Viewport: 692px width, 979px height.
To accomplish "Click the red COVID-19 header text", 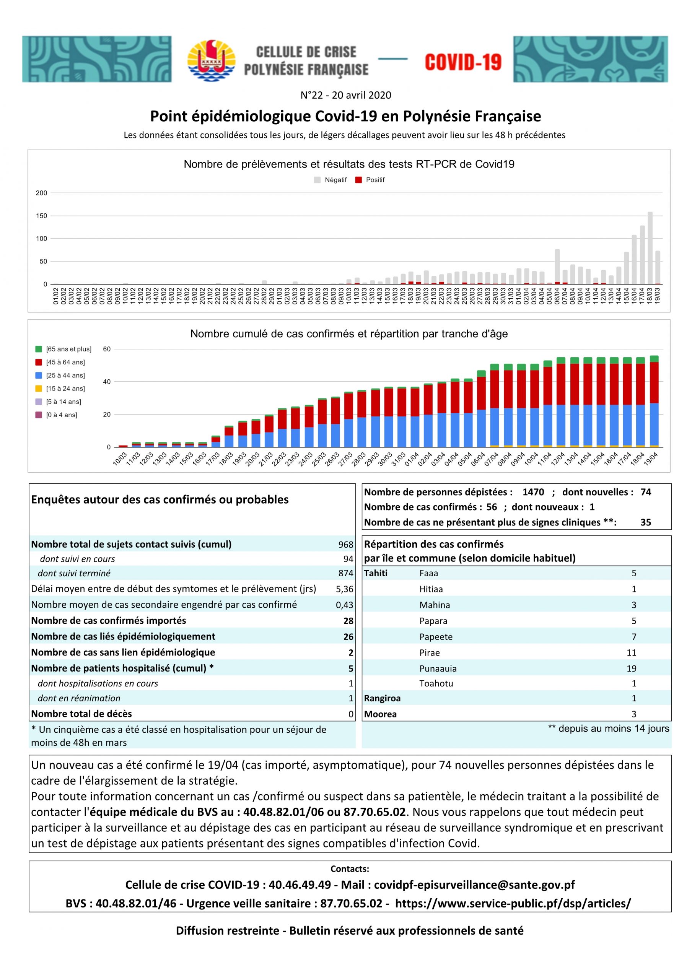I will click(463, 62).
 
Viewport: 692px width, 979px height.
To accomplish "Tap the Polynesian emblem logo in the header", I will click(211, 60).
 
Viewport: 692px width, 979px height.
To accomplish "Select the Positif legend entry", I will click(370, 180).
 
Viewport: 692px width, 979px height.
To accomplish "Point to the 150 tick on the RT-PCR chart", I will click(42, 216).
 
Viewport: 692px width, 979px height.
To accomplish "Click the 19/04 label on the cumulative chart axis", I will click(651, 460).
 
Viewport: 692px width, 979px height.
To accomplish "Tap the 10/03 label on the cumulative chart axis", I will click(119, 460).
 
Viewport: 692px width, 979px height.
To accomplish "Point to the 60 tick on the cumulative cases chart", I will click(107, 349).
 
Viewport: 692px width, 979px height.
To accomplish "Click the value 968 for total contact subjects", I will click(345, 545).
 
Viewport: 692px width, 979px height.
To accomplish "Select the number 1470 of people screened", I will click(533, 492).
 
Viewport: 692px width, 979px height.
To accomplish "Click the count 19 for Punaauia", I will click(632, 668).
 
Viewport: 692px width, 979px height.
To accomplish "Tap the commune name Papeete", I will click(436, 637).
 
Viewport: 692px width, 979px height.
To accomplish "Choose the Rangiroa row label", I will click(382, 698).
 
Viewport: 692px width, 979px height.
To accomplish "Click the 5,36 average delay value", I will click(344, 589).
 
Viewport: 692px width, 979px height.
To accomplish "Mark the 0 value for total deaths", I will click(351, 714).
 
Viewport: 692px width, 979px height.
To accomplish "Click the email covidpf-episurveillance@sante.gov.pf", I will click(474, 885).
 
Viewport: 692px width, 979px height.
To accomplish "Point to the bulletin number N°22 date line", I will click(345, 95).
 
